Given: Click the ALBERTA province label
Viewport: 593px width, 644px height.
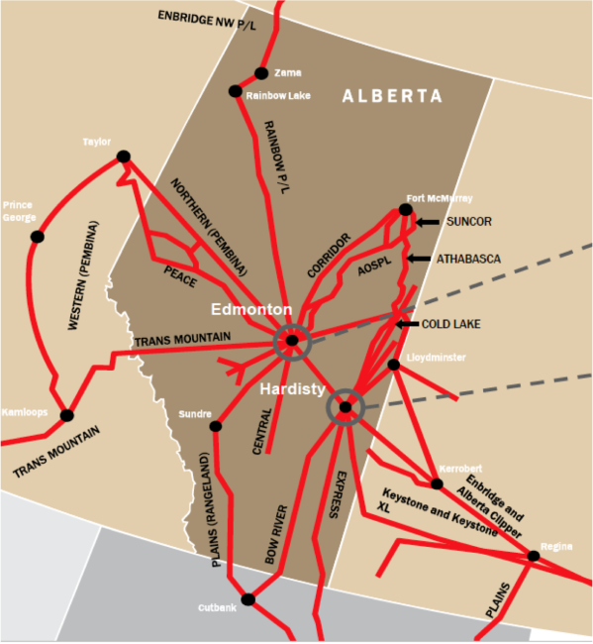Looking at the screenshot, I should [x=392, y=96].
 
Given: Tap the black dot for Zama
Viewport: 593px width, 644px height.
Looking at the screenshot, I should [x=261, y=73].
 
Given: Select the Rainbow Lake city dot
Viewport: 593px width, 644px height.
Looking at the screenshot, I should [x=236, y=91].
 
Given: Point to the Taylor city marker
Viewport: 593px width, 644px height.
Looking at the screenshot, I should [x=123, y=156].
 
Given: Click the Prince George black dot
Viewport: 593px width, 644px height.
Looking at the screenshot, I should [x=38, y=236].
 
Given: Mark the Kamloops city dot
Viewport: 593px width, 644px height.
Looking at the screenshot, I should [x=66, y=416].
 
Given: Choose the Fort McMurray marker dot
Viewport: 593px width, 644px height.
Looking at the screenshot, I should [x=405, y=209].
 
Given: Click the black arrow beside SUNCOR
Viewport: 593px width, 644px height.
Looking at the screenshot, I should [x=427, y=223].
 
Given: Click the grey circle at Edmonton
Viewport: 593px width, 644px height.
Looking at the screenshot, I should [x=292, y=341].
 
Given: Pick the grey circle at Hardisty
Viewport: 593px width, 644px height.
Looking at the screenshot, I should [x=346, y=406].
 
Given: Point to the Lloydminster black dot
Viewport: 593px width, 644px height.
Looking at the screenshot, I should [x=393, y=365].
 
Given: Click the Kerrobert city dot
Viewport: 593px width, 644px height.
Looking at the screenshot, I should [x=437, y=483].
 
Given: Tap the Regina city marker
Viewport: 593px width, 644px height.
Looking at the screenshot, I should [x=534, y=556].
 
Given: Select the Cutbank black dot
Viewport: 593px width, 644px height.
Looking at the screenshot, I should [x=247, y=598].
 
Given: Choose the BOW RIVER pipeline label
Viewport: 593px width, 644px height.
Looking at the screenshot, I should [x=276, y=535].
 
